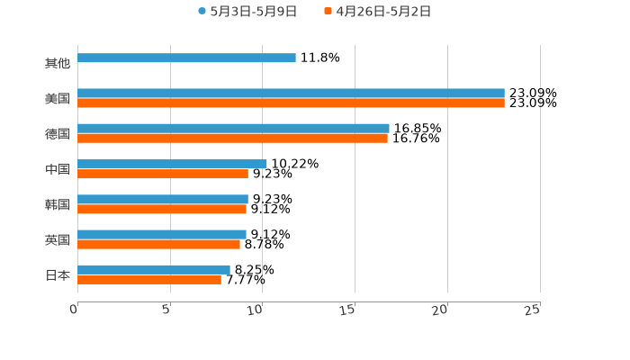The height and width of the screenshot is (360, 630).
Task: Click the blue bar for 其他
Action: [186, 58]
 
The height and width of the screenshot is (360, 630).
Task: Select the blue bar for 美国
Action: [291, 94]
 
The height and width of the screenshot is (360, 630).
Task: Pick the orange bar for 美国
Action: [291, 103]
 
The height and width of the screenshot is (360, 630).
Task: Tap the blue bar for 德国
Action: [233, 129]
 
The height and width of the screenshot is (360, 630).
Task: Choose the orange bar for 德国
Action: [232, 139]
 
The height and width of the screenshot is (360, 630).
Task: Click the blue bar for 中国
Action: [172, 164]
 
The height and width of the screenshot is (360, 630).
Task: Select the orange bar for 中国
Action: [163, 174]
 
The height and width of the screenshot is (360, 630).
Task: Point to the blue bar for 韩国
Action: [163, 199]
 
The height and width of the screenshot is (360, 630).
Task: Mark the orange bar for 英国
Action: [158, 244]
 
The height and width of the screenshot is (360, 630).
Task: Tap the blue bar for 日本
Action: [154, 269]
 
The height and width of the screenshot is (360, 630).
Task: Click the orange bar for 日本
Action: [149, 279]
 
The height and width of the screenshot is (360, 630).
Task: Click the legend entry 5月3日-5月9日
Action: [247, 12]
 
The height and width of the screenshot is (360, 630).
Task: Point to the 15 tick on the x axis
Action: [354, 310]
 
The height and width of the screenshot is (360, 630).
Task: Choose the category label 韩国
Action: [58, 204]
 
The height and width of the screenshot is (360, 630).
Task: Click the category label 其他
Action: [58, 64]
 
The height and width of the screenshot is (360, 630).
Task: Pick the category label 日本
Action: [58, 274]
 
